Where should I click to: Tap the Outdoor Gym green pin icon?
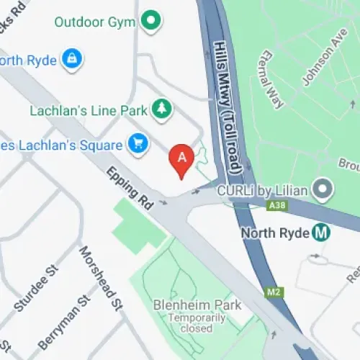click(150, 22)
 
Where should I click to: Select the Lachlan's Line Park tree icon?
click(160, 110)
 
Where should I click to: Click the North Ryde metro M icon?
click(322, 233)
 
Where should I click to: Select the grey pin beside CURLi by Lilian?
click(325, 190)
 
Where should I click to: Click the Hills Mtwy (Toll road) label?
click(227, 104)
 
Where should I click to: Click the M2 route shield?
click(272, 292)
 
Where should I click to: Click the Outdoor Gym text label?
click(96, 22)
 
